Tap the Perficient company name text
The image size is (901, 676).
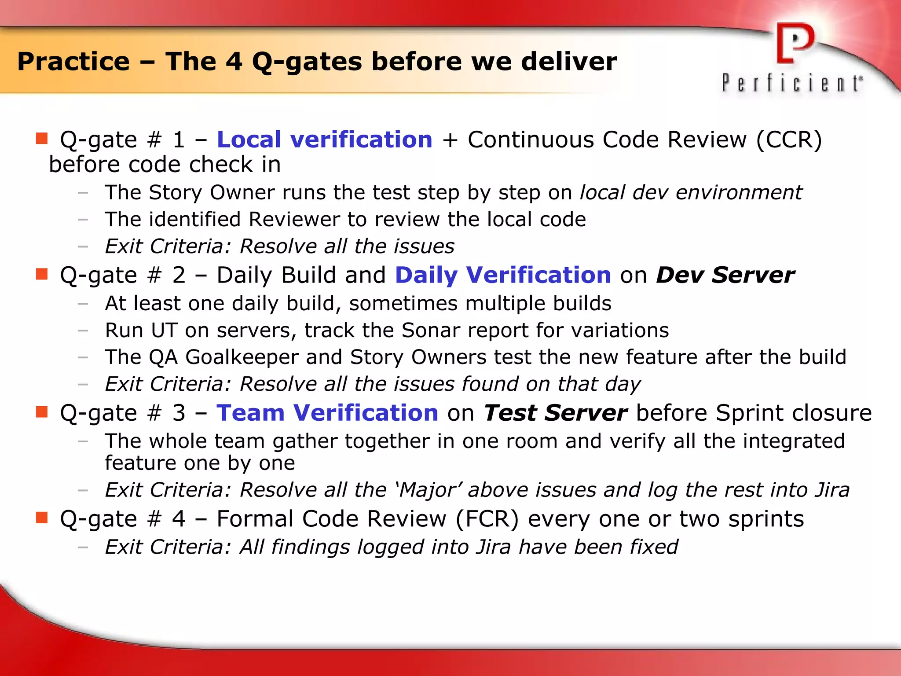(x=792, y=83)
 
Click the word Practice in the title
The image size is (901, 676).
(x=73, y=61)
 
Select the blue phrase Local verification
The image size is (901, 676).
(x=325, y=140)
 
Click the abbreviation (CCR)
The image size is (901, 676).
(x=789, y=140)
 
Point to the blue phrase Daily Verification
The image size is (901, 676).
(x=503, y=275)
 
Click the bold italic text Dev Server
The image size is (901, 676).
(x=725, y=275)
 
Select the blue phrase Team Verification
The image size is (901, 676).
(x=327, y=413)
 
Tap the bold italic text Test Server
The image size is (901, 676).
(x=555, y=413)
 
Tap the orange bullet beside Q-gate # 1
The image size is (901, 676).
(x=42, y=139)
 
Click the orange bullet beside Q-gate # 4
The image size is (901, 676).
(x=42, y=518)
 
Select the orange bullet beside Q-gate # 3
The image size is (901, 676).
(x=42, y=412)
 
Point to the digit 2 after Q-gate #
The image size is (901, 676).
(x=179, y=276)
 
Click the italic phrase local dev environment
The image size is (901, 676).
(x=691, y=192)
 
